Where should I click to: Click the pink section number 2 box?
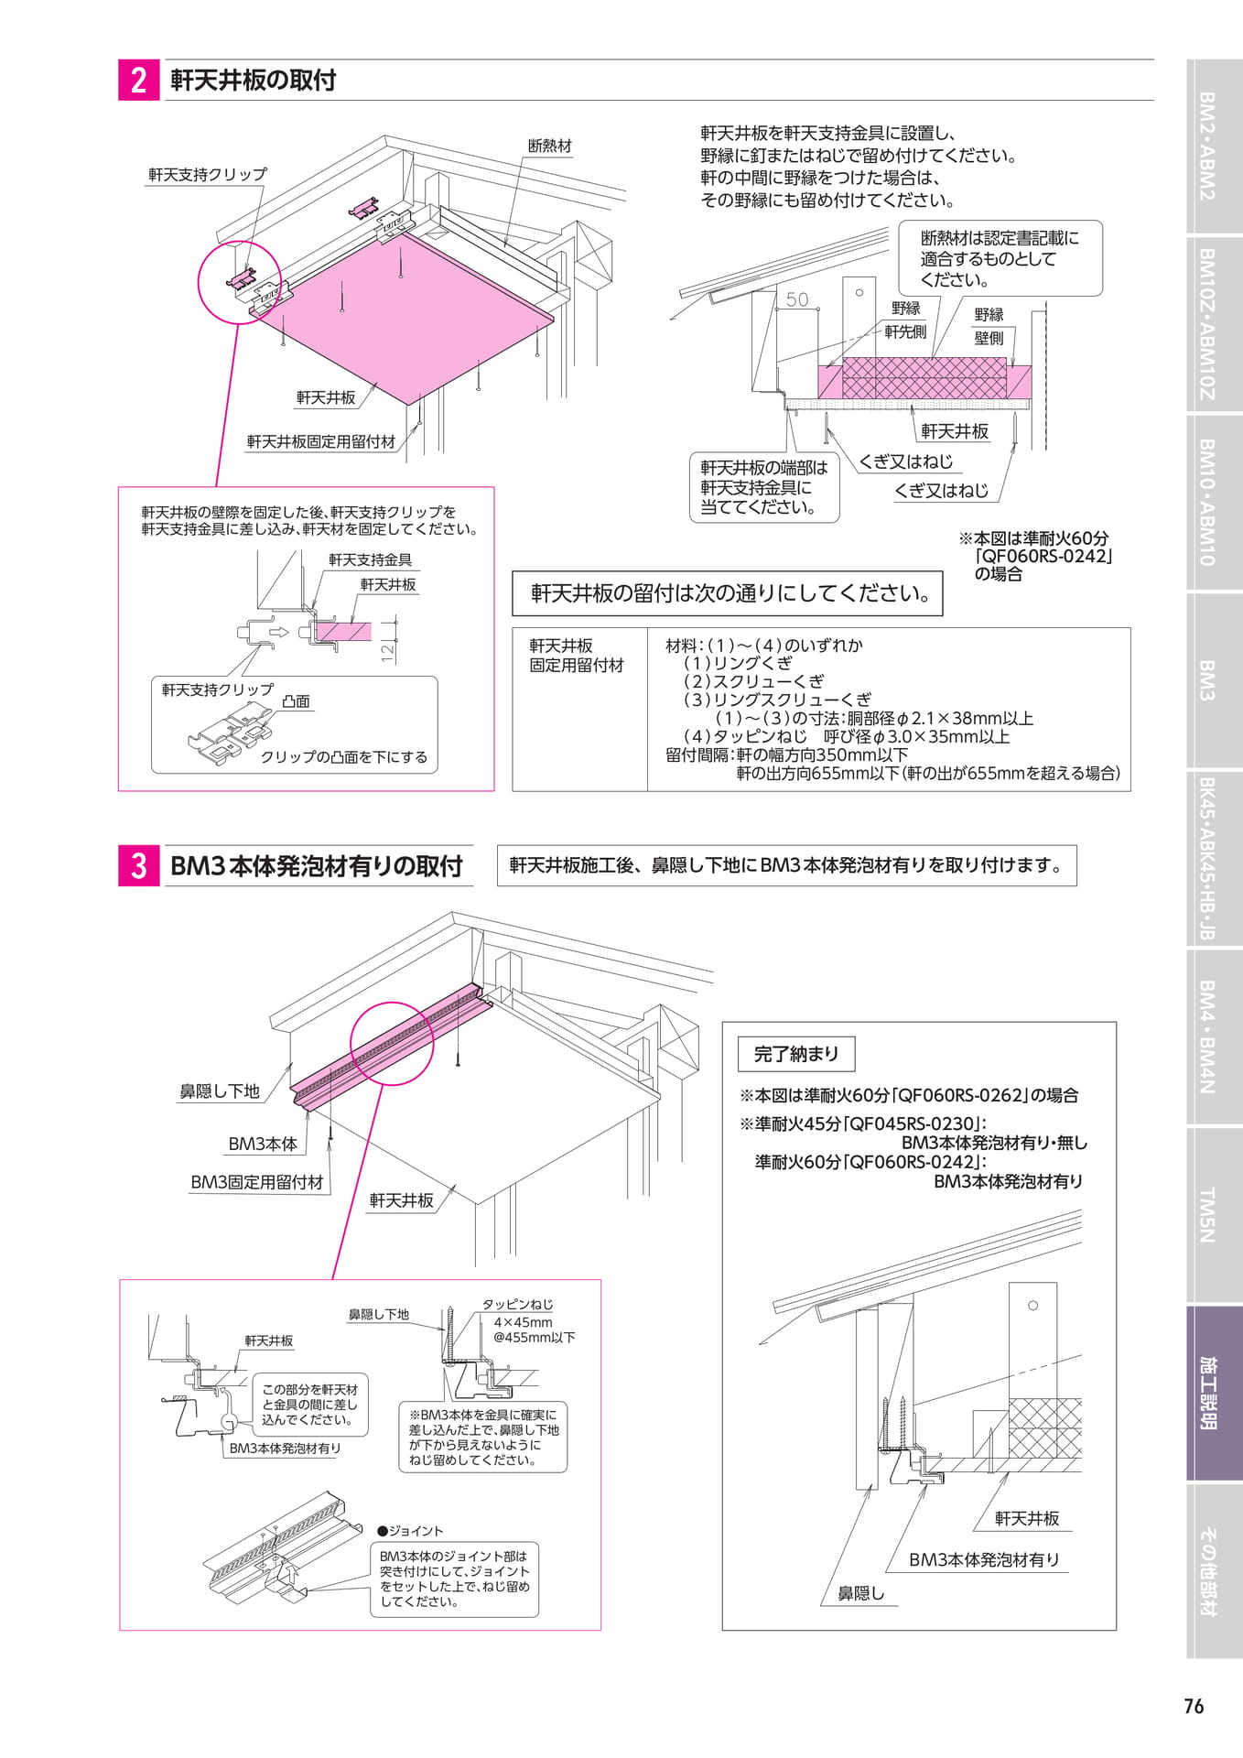(138, 80)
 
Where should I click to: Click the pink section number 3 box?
(138, 865)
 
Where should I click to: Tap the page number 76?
(1194, 1706)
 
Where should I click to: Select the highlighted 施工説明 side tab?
(1214, 1393)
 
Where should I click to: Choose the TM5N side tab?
(1214, 1215)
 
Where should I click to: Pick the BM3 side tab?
(1214, 680)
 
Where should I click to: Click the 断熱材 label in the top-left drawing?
(550, 146)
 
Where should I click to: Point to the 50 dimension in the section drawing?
(797, 299)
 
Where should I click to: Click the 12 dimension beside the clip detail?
(388, 651)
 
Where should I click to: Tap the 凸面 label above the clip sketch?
(296, 701)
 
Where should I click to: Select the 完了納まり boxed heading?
(796, 1054)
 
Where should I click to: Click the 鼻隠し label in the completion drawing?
(861, 1593)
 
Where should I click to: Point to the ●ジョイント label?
(410, 1531)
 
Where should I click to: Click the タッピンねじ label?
(518, 1304)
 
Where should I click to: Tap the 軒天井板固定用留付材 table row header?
(577, 656)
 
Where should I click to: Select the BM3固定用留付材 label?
(257, 1182)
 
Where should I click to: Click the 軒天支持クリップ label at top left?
(208, 174)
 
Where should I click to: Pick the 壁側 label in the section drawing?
(989, 338)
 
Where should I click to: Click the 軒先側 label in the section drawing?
(905, 331)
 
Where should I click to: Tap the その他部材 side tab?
(1214, 1571)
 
